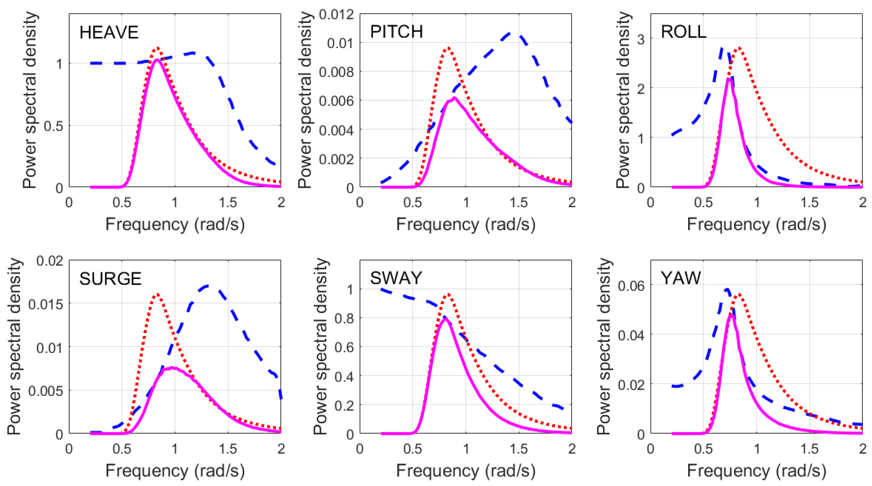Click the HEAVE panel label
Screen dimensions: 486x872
pos(109,33)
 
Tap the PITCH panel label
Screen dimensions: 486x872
pos(396,32)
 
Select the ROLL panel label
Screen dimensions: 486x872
pos(684,32)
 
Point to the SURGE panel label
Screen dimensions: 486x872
pos(110,279)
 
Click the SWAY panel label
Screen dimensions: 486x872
pos(396,278)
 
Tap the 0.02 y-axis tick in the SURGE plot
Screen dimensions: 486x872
pos(50,261)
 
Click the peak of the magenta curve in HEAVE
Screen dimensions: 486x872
pos(157,60)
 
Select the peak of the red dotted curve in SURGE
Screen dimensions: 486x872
pos(156,294)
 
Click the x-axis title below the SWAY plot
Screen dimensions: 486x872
pos(465,471)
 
